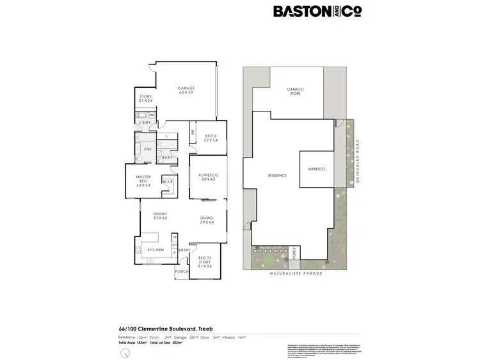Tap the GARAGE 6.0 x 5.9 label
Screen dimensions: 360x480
[x=186, y=90]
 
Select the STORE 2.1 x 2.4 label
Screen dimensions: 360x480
[x=145, y=99]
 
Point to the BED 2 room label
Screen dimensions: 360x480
[x=211, y=138]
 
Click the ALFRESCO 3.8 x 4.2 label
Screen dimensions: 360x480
[x=209, y=177]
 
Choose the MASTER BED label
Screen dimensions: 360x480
[x=143, y=183]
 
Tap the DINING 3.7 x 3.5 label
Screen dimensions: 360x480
[x=159, y=217]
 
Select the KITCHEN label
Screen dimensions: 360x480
[x=156, y=250]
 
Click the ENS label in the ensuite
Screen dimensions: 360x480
[x=147, y=149]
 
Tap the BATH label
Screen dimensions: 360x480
[x=166, y=158]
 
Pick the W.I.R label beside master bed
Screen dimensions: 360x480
[x=168, y=182]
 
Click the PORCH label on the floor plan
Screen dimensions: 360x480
[x=181, y=272]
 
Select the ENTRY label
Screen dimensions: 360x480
[x=184, y=250]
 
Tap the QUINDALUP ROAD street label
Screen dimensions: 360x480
[x=359, y=163]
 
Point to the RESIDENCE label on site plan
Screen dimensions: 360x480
[x=276, y=175]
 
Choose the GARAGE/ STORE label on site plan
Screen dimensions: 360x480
[x=295, y=92]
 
